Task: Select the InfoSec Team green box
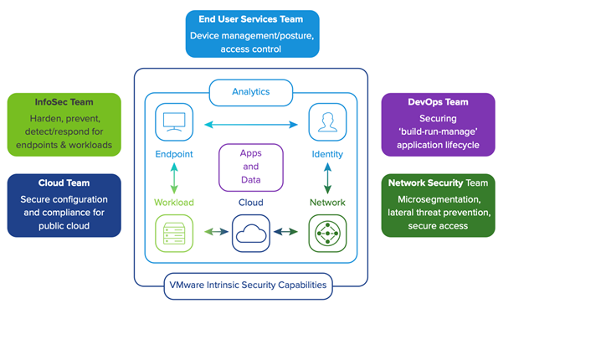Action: point(64,125)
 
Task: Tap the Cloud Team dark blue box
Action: point(64,205)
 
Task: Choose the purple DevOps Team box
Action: point(438,125)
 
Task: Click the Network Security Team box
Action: point(438,205)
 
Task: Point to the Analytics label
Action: point(250,92)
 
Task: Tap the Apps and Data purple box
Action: point(250,167)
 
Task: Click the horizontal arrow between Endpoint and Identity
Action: point(250,125)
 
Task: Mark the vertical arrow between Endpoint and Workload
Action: point(173,178)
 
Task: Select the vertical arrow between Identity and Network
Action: point(327,178)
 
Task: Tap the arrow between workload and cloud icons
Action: point(212,232)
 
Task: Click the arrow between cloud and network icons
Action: point(289,232)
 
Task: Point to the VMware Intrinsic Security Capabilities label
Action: point(249,285)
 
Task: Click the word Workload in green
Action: point(173,203)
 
